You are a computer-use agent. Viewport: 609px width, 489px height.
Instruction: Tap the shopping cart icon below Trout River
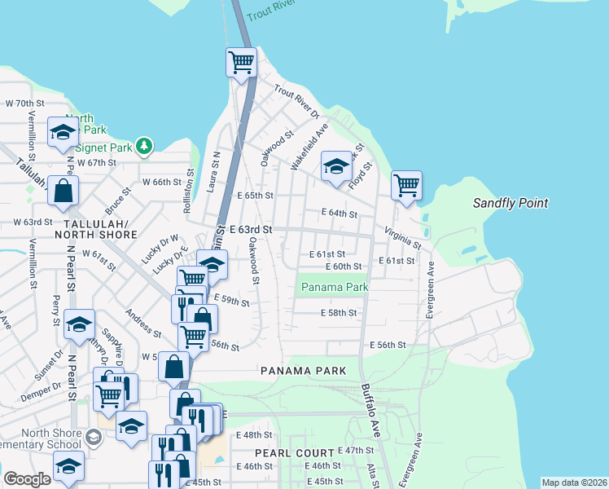pyautogui.click(x=241, y=62)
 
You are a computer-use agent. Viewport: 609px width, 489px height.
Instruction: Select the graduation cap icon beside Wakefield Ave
pyautogui.click(x=335, y=166)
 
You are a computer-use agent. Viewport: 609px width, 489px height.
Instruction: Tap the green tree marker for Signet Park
pyautogui.click(x=144, y=145)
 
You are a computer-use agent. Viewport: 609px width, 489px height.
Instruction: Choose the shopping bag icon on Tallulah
pyautogui.click(x=63, y=192)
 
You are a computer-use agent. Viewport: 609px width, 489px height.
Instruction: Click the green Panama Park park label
pyautogui.click(x=335, y=287)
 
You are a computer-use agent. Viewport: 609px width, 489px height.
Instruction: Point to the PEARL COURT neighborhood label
pyautogui.click(x=294, y=452)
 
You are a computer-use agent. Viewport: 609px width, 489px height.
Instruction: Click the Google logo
pyautogui.click(x=27, y=479)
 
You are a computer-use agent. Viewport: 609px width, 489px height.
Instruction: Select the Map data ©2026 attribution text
pyautogui.click(x=574, y=482)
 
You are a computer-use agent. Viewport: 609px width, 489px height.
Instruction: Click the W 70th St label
pyautogui.click(x=24, y=104)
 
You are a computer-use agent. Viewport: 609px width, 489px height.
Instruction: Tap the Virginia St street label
pyautogui.click(x=404, y=238)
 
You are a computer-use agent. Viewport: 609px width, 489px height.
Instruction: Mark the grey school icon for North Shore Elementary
pyautogui.click(x=94, y=438)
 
